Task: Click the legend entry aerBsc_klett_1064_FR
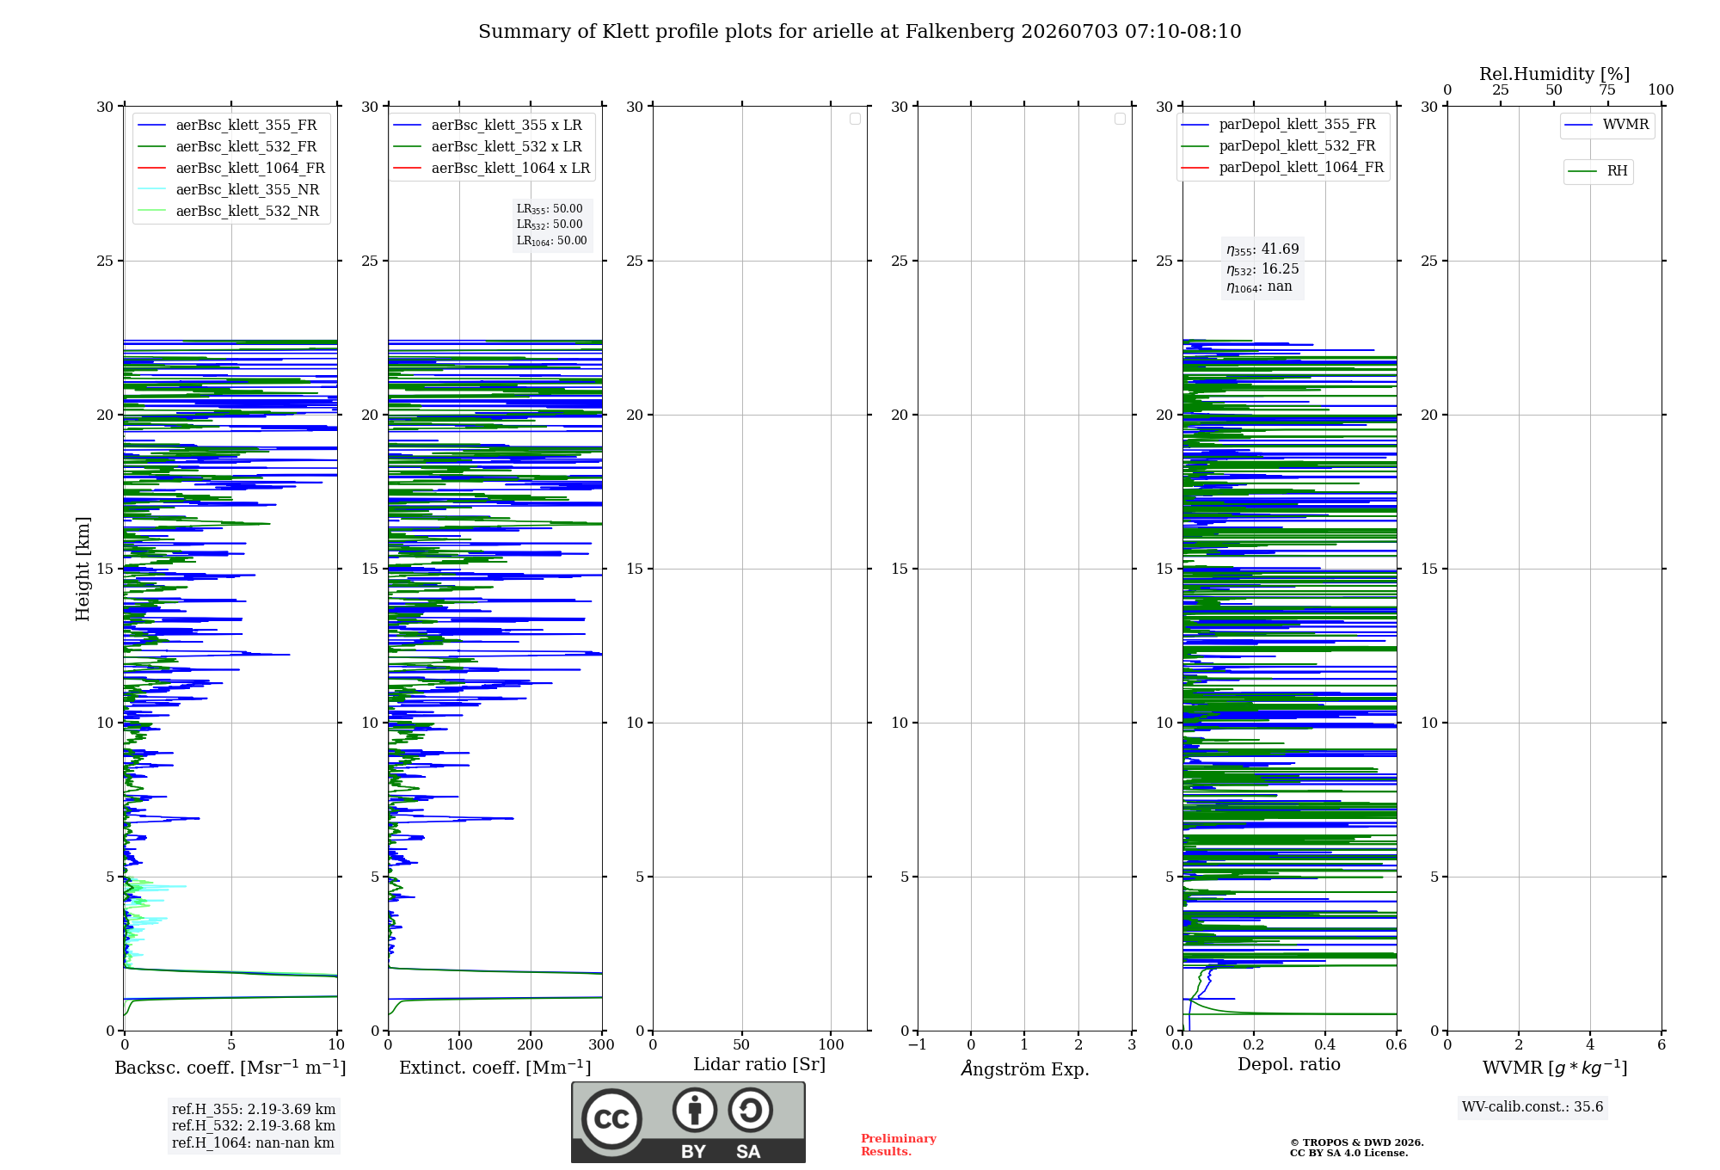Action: (231, 169)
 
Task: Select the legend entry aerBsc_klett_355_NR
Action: (229, 190)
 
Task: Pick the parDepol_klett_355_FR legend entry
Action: (1279, 125)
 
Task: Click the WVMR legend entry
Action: (1607, 125)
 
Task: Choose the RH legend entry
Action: (1598, 171)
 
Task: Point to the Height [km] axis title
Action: (83, 569)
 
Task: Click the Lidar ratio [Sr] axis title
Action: (759, 1064)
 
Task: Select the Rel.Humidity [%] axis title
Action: (1555, 74)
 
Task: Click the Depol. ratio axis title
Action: (1289, 1064)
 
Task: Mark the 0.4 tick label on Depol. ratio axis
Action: (1325, 1044)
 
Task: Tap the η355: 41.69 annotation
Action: (1262, 249)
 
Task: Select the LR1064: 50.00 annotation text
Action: (551, 241)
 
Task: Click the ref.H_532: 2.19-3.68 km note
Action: (254, 1126)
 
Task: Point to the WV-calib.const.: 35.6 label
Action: (1533, 1107)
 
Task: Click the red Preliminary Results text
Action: (899, 1145)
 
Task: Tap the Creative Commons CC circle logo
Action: (611, 1119)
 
